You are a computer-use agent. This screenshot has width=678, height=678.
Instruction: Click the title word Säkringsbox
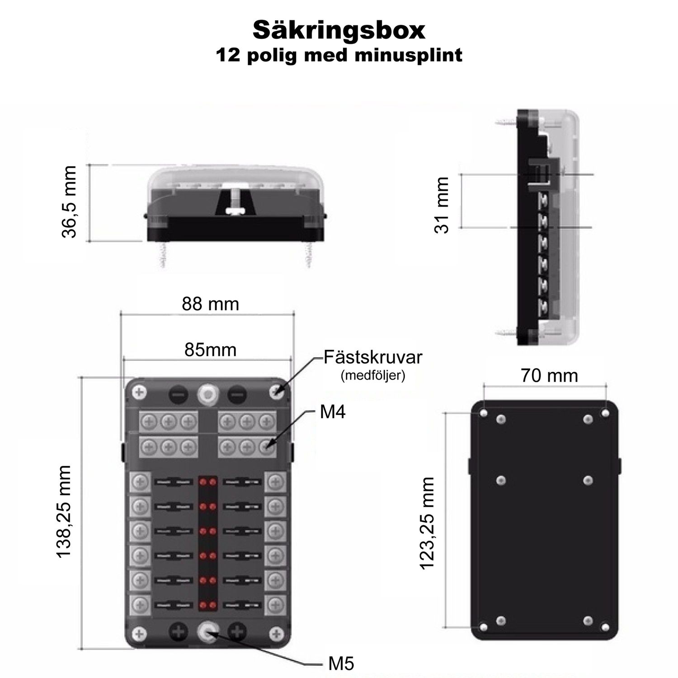pos(339,30)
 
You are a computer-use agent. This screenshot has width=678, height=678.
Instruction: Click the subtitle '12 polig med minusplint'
pos(339,55)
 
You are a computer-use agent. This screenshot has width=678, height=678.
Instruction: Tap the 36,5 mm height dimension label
pos(69,202)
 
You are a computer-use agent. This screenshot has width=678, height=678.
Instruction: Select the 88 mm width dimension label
pos(210,304)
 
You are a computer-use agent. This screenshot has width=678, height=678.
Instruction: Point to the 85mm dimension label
pos(210,349)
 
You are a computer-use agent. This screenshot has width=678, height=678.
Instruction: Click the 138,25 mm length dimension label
pos(64,511)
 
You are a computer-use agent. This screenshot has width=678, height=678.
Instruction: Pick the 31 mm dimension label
pos(442,205)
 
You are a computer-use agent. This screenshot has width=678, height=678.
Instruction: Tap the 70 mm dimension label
pos(549,376)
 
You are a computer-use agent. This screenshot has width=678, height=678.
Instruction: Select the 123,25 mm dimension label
pos(427,523)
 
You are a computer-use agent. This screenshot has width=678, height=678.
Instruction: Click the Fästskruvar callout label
pos(373,357)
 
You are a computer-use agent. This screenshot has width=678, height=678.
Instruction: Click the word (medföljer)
pos(373,376)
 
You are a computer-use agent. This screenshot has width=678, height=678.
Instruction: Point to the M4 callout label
pos(333,412)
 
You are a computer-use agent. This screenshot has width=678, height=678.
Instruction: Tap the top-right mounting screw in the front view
pos(276,392)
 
